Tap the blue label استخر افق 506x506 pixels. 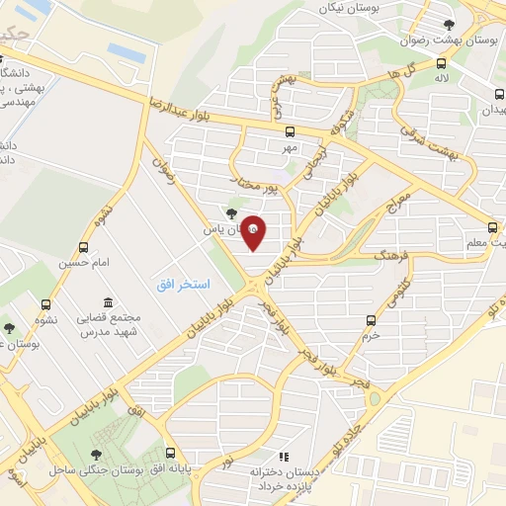pyautogui.click(x=183, y=285)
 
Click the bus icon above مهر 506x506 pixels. pyautogui.click(x=289, y=131)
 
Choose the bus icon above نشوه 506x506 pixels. pyautogui.click(x=44, y=305)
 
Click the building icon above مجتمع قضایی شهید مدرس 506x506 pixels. pyautogui.click(x=107, y=301)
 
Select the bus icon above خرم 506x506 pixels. pyautogui.click(x=371, y=320)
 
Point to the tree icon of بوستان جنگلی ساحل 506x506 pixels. pyautogui.click(x=96, y=455)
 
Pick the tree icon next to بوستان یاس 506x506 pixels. pyautogui.click(x=231, y=211)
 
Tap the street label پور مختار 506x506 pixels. pyautogui.click(x=273, y=180)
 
